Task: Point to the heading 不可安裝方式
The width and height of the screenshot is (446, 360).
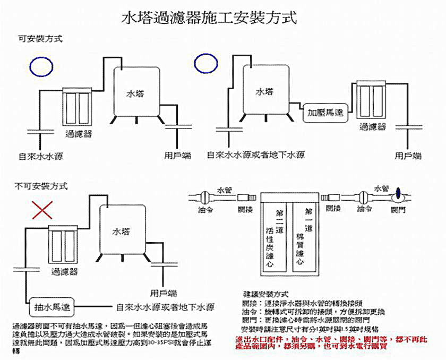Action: coord(41,186)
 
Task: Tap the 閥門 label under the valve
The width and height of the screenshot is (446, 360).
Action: coord(398,210)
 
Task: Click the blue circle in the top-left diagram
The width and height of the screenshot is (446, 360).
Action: coord(41,66)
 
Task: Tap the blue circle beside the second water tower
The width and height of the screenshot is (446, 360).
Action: coord(207,63)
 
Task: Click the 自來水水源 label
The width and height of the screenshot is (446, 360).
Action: coord(37,156)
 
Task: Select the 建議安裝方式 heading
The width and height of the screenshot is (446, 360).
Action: coord(265,294)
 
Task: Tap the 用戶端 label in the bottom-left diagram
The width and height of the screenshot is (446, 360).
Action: coord(164,293)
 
